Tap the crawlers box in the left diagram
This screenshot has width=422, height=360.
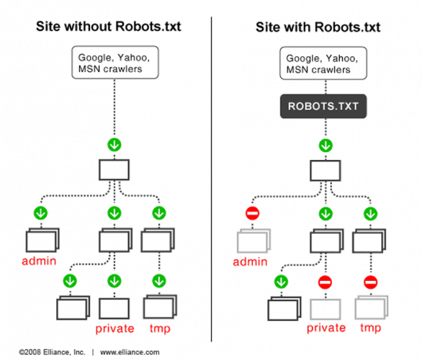[x=114, y=63]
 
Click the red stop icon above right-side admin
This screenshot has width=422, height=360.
[x=252, y=214]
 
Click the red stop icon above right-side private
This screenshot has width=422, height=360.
[x=326, y=282]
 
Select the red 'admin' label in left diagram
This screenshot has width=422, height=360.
[x=40, y=261]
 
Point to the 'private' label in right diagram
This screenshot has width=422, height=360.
[x=326, y=330]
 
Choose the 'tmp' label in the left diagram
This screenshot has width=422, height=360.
[x=160, y=330]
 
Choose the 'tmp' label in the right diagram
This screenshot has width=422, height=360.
[x=372, y=330]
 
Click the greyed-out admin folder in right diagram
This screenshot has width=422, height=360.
[x=251, y=240]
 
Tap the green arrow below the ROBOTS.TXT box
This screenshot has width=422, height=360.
[x=326, y=145]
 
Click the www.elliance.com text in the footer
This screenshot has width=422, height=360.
[x=130, y=353]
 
